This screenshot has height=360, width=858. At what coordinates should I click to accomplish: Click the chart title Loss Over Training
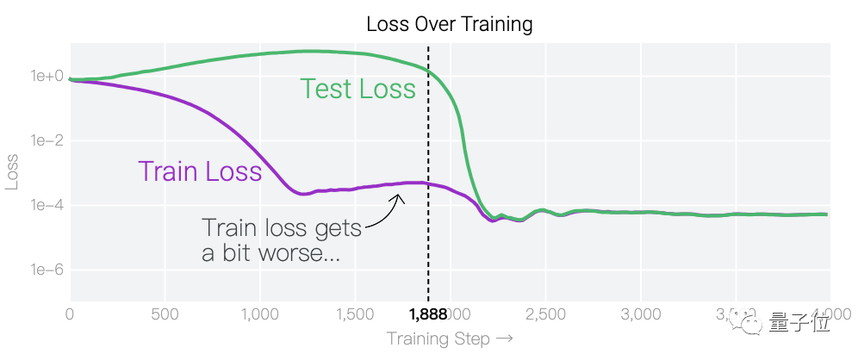[449, 23]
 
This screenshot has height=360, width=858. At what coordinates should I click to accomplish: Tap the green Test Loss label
[357, 88]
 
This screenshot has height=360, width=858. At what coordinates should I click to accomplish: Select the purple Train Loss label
[200, 171]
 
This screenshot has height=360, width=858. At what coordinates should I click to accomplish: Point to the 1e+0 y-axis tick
[47, 76]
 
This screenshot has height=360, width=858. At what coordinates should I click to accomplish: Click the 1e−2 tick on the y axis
[47, 140]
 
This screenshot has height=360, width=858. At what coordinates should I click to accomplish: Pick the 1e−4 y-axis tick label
[47, 205]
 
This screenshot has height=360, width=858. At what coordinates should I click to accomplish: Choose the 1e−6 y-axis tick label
[47, 270]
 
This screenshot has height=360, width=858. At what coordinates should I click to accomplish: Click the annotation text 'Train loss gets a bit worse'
[281, 240]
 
